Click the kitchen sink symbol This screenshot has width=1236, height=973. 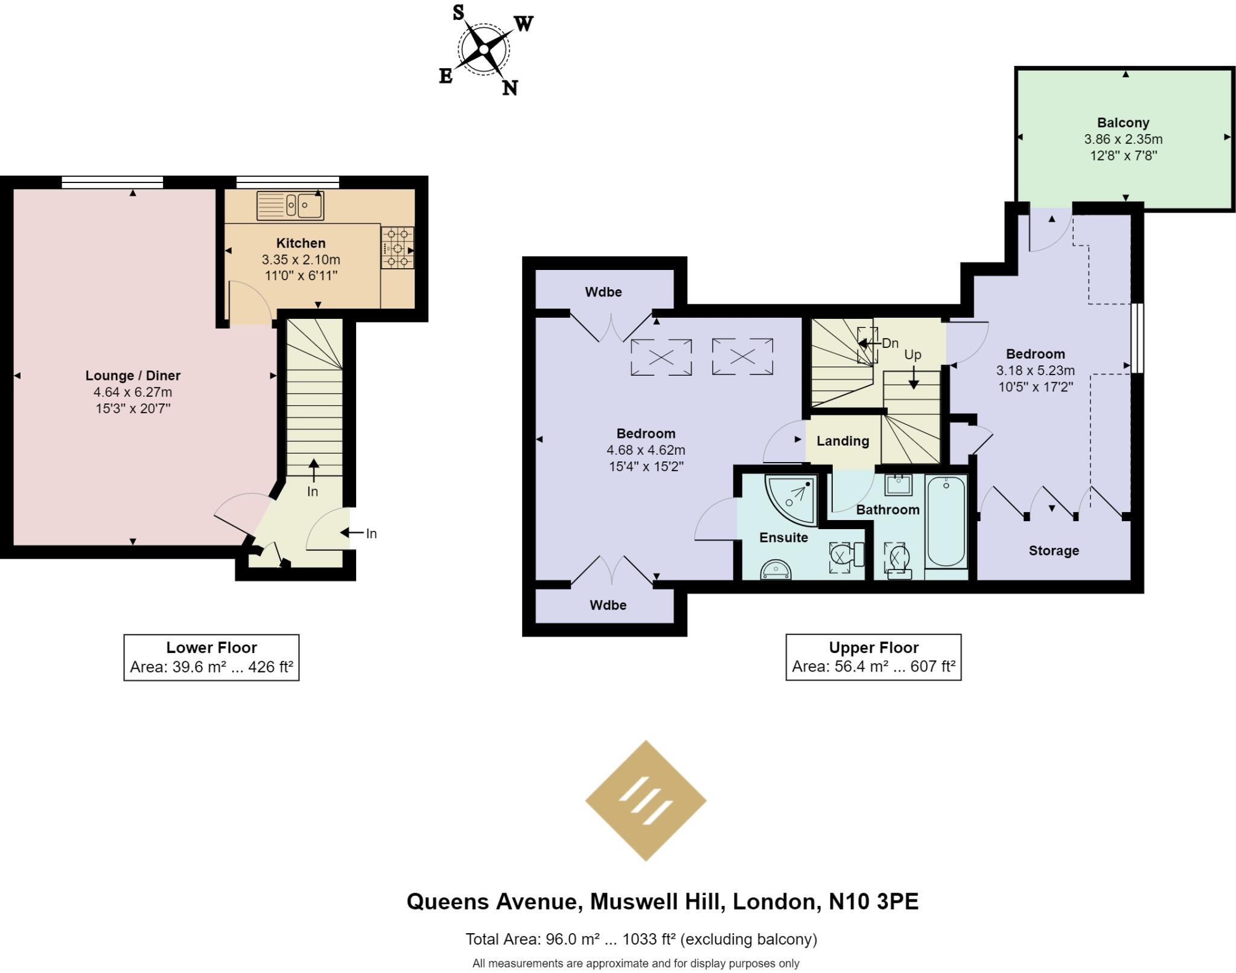(x=290, y=205)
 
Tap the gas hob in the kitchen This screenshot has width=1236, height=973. (x=398, y=247)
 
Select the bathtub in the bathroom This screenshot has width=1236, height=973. (x=946, y=522)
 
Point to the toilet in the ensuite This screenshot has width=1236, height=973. (x=845, y=555)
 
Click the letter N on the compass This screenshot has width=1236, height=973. (x=510, y=88)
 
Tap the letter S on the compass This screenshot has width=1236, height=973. (x=459, y=13)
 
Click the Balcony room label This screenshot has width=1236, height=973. (x=1123, y=123)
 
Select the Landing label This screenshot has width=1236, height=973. (x=843, y=441)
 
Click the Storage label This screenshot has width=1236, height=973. (x=1054, y=551)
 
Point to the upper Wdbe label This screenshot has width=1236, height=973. (x=603, y=292)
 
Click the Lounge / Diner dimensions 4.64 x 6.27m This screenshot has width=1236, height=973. (x=133, y=392)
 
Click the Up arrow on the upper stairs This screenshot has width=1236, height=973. (x=913, y=377)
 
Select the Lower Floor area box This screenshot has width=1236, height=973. (x=211, y=657)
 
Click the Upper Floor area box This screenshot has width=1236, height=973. (x=873, y=657)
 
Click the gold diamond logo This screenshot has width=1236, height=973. (x=646, y=800)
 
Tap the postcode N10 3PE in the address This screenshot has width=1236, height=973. (x=873, y=902)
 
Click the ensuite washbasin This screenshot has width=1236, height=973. (x=776, y=569)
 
